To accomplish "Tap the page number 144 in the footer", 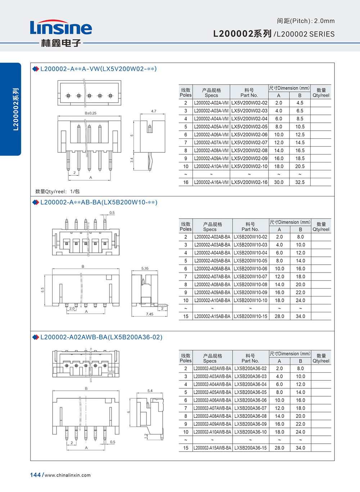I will [35, 475].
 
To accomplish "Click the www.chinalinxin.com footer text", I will [68, 475].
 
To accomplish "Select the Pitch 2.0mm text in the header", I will [306, 21].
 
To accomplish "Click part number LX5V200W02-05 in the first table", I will [249, 127].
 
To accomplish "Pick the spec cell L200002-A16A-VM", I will [211, 182].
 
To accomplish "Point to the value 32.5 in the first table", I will [300, 182].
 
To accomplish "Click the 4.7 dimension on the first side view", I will [154, 111].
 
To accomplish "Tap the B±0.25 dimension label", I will [90, 113].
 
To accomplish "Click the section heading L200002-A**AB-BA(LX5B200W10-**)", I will [99, 202].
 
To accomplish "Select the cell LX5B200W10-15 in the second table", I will [250, 316].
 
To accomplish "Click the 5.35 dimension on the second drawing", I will [145, 268].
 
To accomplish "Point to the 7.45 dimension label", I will [149, 314].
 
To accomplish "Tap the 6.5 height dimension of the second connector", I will [42, 290].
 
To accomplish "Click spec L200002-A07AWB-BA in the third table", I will [212, 408].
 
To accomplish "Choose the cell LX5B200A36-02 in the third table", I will [250, 368].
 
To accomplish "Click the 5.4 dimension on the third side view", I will [150, 391].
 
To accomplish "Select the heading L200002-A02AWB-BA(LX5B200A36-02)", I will [101, 337].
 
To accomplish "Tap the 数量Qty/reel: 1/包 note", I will [57, 191].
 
